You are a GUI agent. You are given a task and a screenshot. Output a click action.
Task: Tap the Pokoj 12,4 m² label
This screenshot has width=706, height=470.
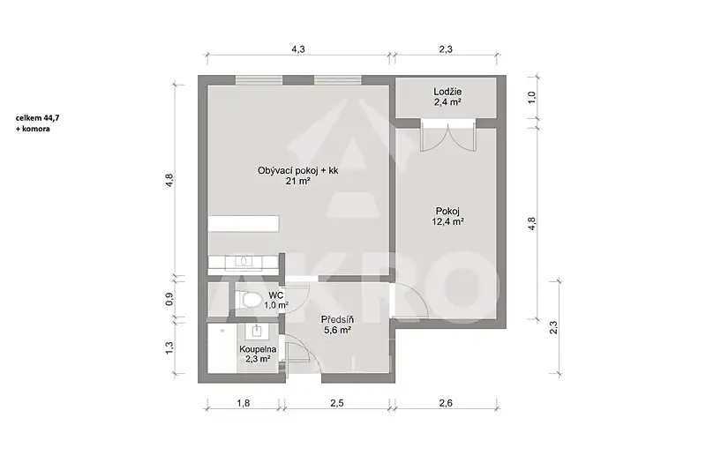(447, 216)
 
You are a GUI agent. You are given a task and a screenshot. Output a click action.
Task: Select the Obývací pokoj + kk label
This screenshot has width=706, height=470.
(297, 170)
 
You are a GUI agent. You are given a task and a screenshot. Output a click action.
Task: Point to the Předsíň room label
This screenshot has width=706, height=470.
(337, 320)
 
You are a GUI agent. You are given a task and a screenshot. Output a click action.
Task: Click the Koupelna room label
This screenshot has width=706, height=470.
(258, 349)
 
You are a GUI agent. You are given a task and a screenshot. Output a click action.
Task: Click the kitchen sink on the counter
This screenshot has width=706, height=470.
(244, 261)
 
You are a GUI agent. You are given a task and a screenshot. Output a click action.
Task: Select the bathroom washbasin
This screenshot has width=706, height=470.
(257, 331)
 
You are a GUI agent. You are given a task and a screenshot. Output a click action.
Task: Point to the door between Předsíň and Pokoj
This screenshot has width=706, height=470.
(410, 301)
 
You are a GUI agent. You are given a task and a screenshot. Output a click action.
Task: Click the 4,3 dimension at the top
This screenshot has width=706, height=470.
(298, 49)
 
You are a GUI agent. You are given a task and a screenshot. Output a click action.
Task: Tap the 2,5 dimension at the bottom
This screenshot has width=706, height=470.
(337, 403)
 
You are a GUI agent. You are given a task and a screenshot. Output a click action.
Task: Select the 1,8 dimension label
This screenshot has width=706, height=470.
(244, 403)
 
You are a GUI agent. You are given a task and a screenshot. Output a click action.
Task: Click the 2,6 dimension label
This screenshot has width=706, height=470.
(446, 403)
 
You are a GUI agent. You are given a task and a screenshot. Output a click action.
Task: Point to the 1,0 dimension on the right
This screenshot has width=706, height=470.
(532, 97)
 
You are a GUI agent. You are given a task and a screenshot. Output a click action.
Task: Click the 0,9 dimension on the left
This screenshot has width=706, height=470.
(169, 299)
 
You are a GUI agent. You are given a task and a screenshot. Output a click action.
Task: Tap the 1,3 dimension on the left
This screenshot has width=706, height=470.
(169, 347)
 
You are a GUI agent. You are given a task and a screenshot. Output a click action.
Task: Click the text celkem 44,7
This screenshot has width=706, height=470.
(37, 118)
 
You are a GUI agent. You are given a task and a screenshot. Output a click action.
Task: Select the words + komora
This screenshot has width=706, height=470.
(33, 129)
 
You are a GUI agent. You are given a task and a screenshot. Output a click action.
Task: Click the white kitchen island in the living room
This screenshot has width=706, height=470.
(244, 223)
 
